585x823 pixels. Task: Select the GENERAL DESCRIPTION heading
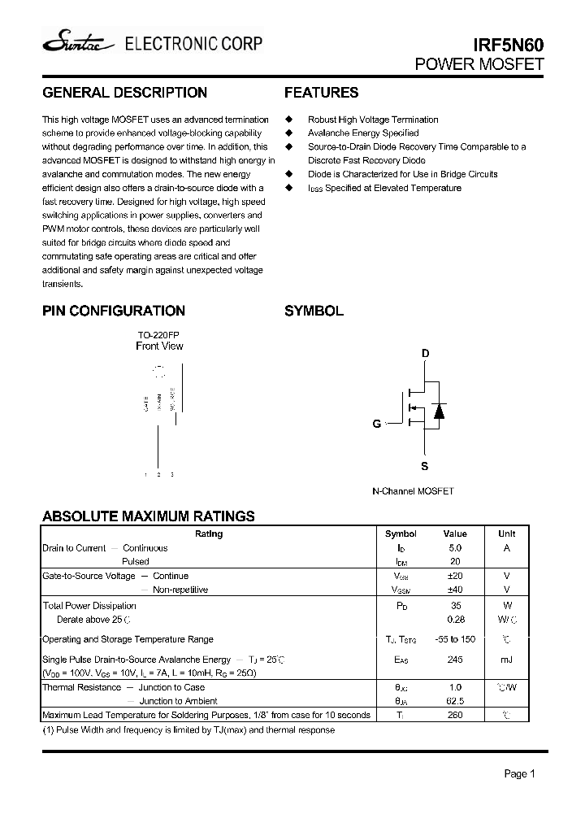[124, 93]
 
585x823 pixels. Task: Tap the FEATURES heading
[321, 93]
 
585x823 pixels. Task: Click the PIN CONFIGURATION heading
[114, 311]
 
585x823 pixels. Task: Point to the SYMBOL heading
[314, 311]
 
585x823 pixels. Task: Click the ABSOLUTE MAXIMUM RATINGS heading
[149, 516]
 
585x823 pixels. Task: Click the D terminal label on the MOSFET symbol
[424, 354]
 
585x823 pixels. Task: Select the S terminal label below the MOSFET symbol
[424, 467]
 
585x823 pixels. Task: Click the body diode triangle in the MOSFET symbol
[439, 411]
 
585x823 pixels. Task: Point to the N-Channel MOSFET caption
[413, 491]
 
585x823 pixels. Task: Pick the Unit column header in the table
[506, 534]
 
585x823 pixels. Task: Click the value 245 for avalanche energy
[455, 660]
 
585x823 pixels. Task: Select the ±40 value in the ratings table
[455, 590]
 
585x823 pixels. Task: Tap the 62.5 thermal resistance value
[455, 701]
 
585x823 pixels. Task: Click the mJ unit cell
[506, 660]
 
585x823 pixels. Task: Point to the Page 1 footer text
[519, 774]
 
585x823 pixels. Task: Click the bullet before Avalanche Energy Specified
[288, 133]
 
